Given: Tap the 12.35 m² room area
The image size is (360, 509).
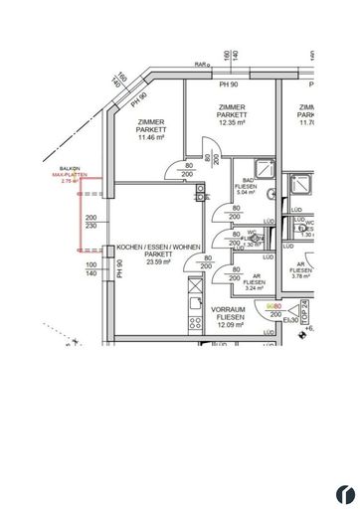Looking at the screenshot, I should coord(232,123).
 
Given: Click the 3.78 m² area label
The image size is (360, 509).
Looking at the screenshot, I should coord(302,277).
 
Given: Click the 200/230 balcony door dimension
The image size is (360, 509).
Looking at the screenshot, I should coord(91,222).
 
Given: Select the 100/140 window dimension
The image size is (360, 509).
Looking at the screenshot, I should coord(91,270).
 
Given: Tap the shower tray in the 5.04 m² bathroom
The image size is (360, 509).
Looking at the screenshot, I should coord(264,169).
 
